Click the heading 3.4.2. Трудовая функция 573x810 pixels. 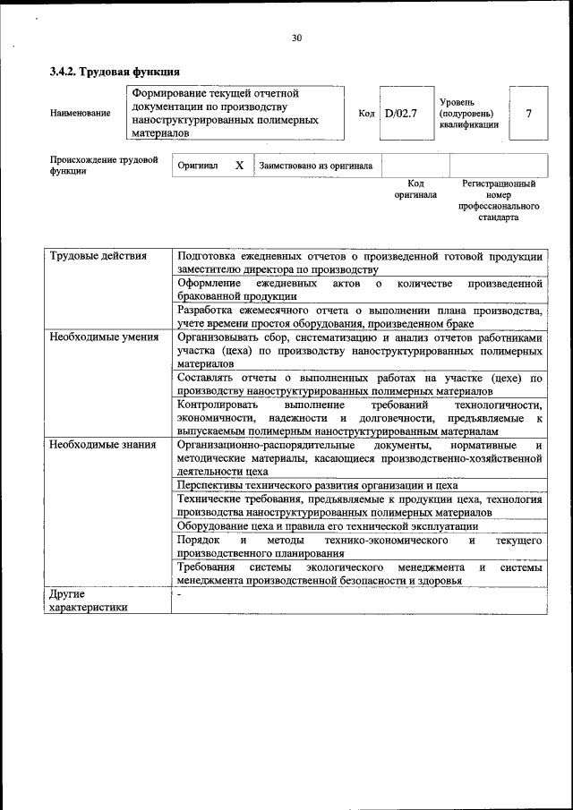[x=115, y=72]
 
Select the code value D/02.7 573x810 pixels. [x=400, y=113]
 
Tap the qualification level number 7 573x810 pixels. [x=529, y=113]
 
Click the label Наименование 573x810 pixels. [x=81, y=113]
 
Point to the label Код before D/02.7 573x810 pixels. [x=365, y=113]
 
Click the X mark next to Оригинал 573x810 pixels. [x=239, y=166]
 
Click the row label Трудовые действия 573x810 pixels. [x=98, y=257]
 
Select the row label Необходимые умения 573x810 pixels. [x=104, y=337]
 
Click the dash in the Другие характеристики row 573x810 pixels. [x=179, y=593]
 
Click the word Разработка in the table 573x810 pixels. [x=208, y=311]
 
